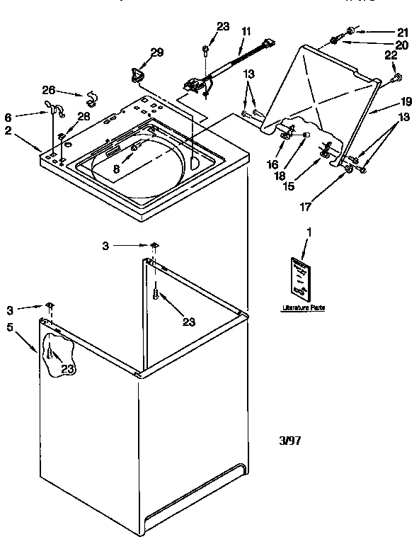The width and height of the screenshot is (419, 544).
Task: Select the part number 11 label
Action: coord(246,32)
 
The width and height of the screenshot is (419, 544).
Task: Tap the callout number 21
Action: coord(403,32)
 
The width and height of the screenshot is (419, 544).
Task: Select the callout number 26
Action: coord(48,90)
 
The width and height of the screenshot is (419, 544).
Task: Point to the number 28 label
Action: coord(82,116)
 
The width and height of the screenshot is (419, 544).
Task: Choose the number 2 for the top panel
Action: coord(8,131)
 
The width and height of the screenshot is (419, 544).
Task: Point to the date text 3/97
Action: coord(290,440)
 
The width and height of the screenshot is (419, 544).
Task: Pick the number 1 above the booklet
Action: coord(308,231)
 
